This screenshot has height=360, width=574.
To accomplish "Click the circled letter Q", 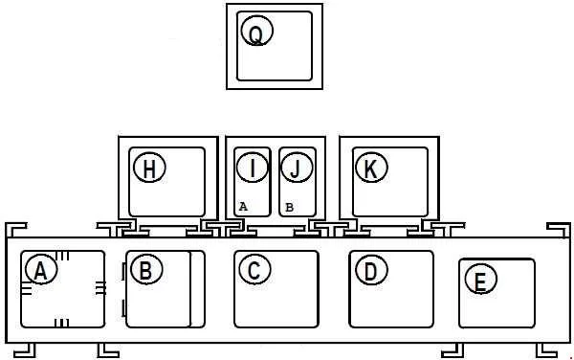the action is tap(257, 31).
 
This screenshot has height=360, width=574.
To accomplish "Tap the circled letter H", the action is tap(150, 168).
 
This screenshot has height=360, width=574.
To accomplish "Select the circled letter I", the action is tap(253, 168).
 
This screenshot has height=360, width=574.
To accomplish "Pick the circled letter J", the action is tap(297, 168).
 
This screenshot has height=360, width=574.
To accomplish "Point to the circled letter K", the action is tap(371, 168).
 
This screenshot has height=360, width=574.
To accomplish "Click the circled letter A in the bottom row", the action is tap(41, 270).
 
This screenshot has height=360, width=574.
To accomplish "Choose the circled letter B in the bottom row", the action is tap(146, 269).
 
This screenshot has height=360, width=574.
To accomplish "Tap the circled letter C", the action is tap(254, 270).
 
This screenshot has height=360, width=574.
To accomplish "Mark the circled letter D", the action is tap(371, 270).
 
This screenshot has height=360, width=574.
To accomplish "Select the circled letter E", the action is tap(480, 279).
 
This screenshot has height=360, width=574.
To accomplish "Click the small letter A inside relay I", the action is tap(243, 207).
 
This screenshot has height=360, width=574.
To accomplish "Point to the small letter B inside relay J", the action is tap(289, 207).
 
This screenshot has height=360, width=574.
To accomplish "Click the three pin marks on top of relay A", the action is tap(62, 256).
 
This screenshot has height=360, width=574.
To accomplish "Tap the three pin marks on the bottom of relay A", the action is tap(62, 323).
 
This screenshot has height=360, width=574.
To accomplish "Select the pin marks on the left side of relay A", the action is tap(27, 288).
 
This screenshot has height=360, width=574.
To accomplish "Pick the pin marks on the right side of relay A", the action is tap(100, 288).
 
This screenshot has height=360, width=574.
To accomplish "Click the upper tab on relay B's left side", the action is tap(123, 272).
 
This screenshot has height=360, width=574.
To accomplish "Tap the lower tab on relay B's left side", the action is tap(123, 308).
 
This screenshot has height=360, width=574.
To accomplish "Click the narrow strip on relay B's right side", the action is tap(198, 289).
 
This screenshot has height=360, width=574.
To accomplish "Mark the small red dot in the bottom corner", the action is tap(571, 358).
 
